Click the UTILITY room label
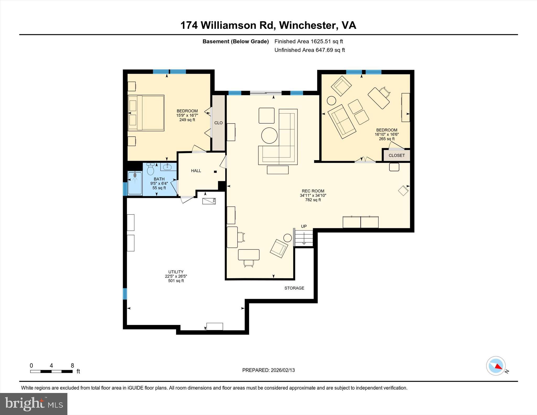click(x=176, y=272)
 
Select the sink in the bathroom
click(x=168, y=167)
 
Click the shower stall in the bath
click(x=135, y=183)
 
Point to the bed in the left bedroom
click(x=146, y=113)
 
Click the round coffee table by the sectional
click(x=269, y=135)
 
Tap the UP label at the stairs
click(x=304, y=226)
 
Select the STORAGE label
click(x=294, y=288)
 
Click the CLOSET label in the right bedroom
click(x=396, y=155)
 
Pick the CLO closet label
click(x=218, y=123)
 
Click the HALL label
click(x=196, y=171)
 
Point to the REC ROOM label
click(x=313, y=191)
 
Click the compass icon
click(x=496, y=366)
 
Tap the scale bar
click(x=51, y=371)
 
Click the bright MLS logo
click(x=34, y=404)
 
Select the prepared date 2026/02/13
click(x=283, y=370)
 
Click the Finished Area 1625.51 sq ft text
click(x=308, y=41)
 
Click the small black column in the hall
click(x=215, y=172)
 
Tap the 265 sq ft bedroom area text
click(x=386, y=139)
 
